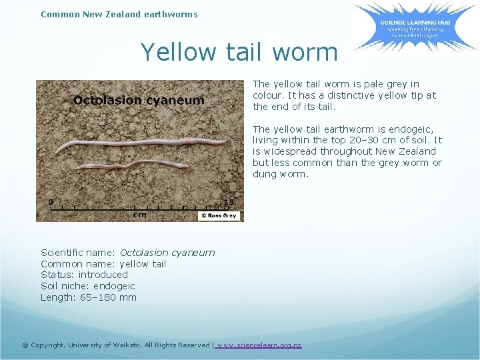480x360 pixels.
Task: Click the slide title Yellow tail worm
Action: click(x=239, y=52)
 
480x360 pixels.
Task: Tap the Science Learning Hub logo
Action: click(x=406, y=27)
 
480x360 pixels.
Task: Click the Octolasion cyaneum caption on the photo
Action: click(x=139, y=101)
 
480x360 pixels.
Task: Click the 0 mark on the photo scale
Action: click(x=51, y=201)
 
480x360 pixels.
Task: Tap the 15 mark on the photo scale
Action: click(x=229, y=202)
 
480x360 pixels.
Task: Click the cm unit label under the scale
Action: click(x=140, y=215)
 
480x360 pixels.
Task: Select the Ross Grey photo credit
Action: click(x=218, y=216)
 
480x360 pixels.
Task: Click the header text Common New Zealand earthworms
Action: click(x=119, y=13)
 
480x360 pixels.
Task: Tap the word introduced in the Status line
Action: click(x=103, y=275)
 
